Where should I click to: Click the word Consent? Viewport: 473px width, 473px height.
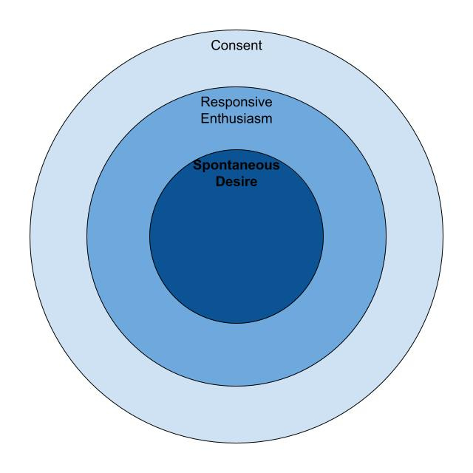point(236,46)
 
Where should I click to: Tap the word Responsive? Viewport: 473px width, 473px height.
point(236,103)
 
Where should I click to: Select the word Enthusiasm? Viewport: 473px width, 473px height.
point(236,118)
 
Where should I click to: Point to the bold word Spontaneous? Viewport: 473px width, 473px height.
point(236,166)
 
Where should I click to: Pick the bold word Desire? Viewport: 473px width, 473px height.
point(236,181)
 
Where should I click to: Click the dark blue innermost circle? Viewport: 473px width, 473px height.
point(236,244)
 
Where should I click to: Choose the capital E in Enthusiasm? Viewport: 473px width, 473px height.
point(205,118)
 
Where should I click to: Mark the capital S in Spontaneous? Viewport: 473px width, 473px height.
point(197,166)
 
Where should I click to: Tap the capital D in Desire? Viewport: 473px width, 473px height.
point(220,181)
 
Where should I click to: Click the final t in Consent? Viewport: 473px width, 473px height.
point(260,46)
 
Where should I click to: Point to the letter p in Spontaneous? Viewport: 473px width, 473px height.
point(205,167)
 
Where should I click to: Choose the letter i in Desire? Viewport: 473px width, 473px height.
point(243,181)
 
